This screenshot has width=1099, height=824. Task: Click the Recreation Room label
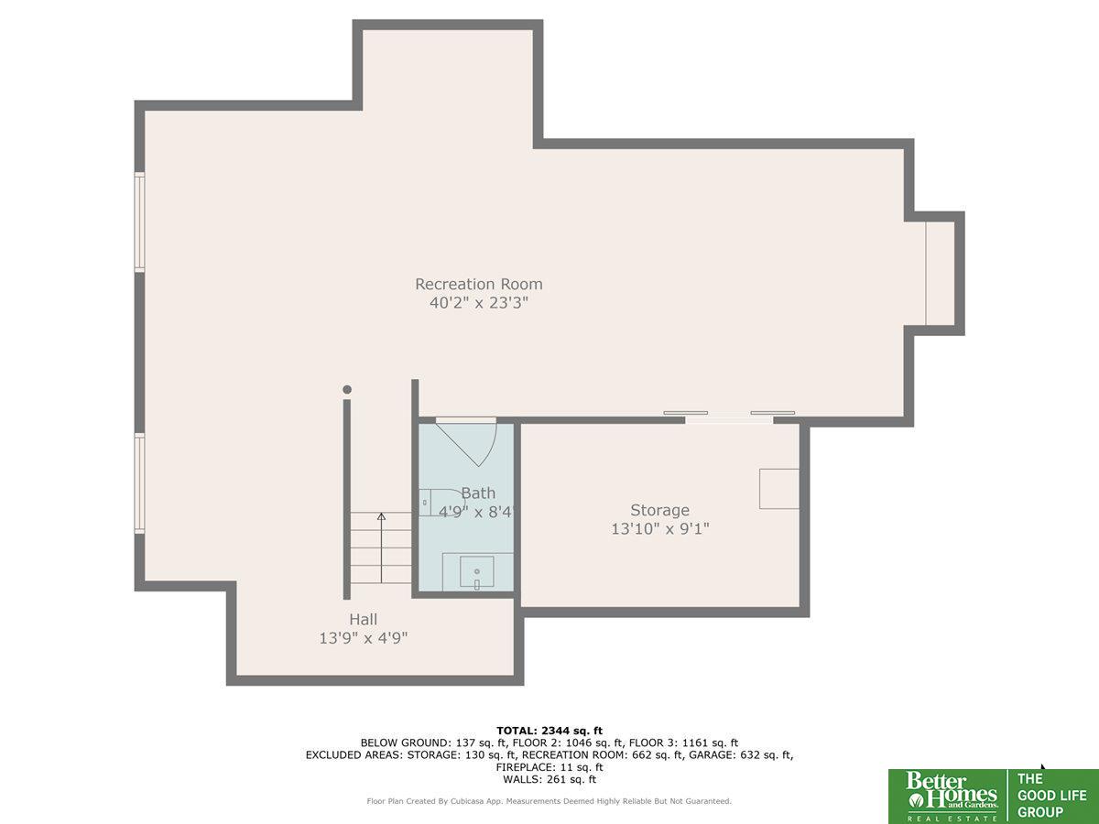[479, 284]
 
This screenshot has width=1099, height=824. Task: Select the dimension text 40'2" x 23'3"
[479, 303]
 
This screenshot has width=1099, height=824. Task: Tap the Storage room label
[659, 510]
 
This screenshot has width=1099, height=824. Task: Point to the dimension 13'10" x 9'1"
[660, 529]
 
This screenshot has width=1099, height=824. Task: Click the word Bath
[478, 493]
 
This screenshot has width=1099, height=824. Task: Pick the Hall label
[363, 620]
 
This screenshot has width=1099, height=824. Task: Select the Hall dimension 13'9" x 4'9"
[364, 638]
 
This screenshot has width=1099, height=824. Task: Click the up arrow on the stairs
[382, 548]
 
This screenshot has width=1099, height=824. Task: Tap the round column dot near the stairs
[347, 389]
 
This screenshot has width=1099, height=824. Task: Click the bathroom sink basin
[476, 571]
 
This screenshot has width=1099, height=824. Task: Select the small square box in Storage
[779, 489]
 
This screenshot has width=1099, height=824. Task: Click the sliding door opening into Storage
[729, 417]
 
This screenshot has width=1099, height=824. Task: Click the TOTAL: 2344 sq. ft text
[549, 731]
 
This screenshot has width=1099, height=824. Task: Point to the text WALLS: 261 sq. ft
[549, 779]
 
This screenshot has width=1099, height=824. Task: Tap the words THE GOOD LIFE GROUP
[1051, 796]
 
